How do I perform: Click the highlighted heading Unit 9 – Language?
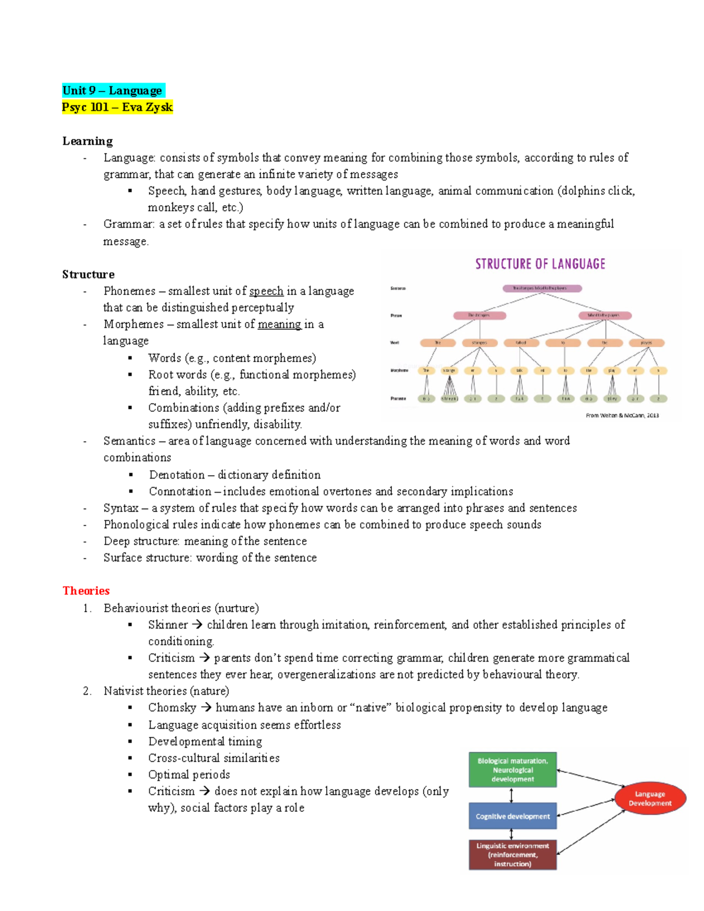113,90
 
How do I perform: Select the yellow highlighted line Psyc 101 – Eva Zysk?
117,107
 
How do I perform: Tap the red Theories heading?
86,591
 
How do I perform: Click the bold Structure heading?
89,275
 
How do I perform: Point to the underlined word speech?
266,291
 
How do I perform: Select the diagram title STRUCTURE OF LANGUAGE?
540,264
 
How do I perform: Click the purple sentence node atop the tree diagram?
542,289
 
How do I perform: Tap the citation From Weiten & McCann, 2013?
622,415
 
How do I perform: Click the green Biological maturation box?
513,770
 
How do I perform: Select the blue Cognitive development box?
513,816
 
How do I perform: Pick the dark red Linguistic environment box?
513,855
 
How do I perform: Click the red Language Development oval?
650,798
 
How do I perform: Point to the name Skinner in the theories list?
168,625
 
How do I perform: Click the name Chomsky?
172,708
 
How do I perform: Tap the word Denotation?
177,475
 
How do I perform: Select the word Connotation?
180,492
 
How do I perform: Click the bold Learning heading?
87,141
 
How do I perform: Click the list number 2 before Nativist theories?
87,691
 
